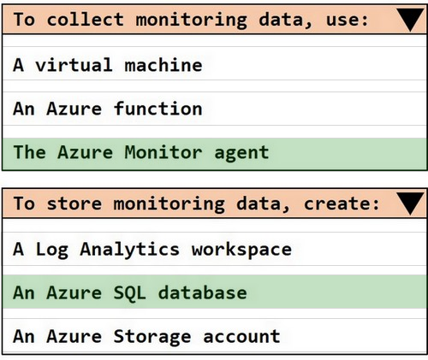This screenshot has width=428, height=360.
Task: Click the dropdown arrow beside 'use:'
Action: (410, 19)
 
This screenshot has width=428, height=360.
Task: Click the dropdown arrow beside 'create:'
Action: (410, 204)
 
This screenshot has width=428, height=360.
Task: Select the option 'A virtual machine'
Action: (108, 65)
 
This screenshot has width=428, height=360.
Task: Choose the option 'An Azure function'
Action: (108, 109)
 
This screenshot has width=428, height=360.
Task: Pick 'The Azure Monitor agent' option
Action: (141, 152)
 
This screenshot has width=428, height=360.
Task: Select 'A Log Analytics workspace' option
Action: (152, 250)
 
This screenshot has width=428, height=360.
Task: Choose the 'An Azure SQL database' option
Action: (130, 292)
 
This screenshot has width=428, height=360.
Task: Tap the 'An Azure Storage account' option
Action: (146, 336)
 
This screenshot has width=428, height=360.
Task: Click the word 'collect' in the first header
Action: (86, 20)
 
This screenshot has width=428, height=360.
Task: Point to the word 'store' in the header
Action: (74, 204)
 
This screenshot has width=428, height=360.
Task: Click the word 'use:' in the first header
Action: (348, 21)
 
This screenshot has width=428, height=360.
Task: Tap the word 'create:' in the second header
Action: (342, 204)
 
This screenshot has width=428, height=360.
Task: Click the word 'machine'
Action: (163, 65)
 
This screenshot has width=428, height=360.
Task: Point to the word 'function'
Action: (158, 109)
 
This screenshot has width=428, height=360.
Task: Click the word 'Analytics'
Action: (130, 250)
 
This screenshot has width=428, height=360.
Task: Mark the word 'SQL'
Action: (130, 293)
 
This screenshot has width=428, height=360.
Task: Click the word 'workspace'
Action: (241, 250)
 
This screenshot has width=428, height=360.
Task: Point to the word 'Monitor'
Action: (163, 152)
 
